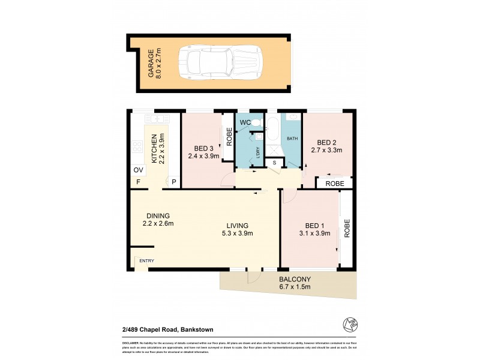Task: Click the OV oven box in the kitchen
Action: click(x=137, y=170)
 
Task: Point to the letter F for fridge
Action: click(x=137, y=182)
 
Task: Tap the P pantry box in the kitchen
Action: click(x=174, y=182)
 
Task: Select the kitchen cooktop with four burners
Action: click(x=136, y=146)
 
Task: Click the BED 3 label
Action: click(x=204, y=148)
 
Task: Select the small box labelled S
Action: click(x=275, y=162)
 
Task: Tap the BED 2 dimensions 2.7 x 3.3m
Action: click(x=326, y=151)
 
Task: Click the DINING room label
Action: click(x=158, y=216)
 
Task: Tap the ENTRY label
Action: click(x=146, y=260)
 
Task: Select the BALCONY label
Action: click(x=293, y=279)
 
